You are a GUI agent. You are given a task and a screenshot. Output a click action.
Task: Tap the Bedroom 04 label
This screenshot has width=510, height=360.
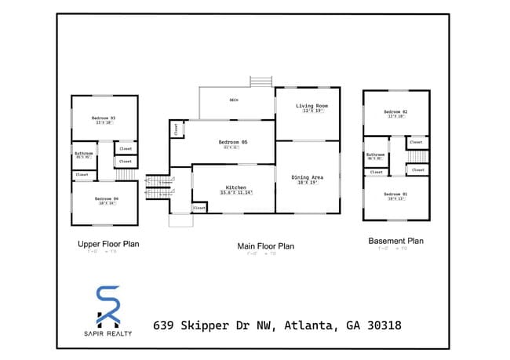106,198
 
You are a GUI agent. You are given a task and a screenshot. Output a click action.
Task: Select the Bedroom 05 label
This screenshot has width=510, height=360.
233,142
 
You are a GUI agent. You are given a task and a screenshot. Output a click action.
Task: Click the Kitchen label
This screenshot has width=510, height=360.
236,188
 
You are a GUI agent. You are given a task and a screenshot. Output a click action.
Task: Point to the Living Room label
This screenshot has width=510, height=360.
311,106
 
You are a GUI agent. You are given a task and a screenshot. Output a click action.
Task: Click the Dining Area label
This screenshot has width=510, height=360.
308,177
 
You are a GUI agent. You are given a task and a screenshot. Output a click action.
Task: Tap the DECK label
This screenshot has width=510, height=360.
234,100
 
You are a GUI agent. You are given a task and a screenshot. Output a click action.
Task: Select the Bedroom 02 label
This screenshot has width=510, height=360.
395,112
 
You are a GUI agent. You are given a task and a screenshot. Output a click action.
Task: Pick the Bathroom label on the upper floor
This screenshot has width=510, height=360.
84,153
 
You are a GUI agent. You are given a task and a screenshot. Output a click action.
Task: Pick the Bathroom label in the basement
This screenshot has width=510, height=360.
376,155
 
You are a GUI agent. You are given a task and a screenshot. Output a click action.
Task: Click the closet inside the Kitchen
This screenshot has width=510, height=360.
199,208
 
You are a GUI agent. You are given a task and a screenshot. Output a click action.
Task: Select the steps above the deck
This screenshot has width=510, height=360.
260,82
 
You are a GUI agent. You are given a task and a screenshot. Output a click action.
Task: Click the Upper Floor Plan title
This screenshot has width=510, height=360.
108,244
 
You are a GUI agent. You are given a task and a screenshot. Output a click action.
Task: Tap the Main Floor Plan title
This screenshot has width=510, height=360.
265,246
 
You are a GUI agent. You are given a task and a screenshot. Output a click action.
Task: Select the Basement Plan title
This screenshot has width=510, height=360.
395,241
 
